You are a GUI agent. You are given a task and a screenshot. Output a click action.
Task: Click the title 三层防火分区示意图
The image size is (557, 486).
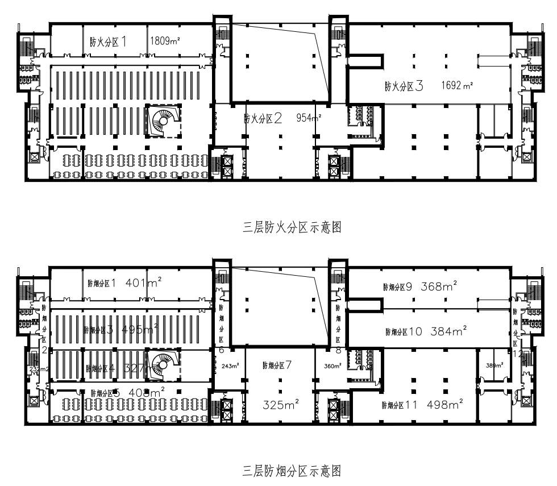(x=292, y=229)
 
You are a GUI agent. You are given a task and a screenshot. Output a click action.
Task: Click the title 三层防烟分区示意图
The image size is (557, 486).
(x=292, y=471)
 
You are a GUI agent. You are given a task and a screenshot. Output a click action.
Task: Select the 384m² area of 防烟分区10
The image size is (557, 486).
(x=448, y=331)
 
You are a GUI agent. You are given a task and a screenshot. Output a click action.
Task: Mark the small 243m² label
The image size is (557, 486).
(x=230, y=365)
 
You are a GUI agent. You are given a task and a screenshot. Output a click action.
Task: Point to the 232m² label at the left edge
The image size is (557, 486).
(x=36, y=369)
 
